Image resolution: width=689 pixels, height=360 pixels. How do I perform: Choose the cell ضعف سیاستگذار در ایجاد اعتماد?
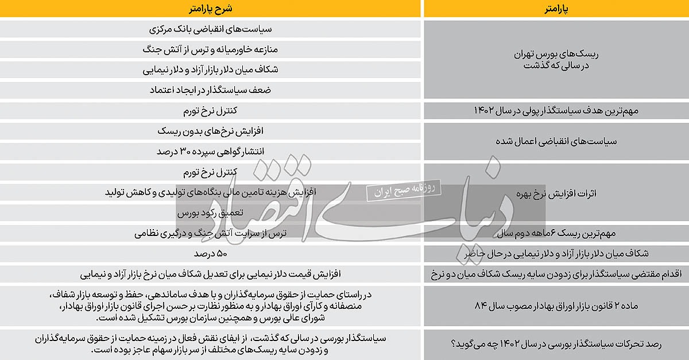coord(210,90)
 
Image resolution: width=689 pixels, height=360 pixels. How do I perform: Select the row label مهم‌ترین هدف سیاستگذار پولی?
coord(555,111)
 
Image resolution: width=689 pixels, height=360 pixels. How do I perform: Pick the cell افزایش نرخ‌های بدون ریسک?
coord(210,131)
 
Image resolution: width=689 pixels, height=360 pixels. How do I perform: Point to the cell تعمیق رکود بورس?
coord(210,213)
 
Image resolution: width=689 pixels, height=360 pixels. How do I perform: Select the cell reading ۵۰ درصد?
coord(210,254)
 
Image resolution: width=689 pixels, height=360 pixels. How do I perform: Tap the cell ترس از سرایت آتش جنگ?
coord(210,234)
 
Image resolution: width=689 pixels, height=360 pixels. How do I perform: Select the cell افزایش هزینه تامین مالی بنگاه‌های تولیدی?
coord(210,192)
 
